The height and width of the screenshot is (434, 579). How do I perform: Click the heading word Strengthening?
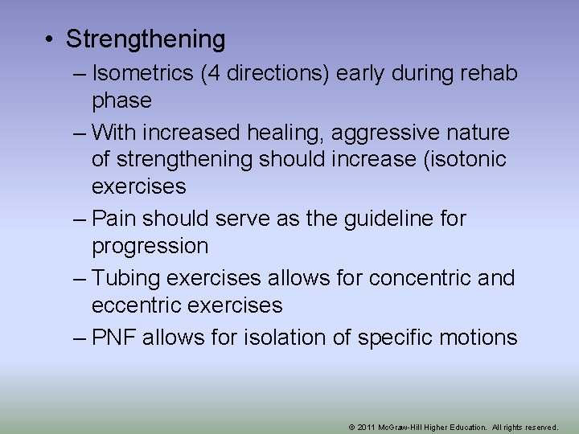(146, 39)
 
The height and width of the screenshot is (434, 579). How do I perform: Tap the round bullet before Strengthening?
(50, 39)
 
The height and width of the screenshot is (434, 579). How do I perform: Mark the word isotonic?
(463, 159)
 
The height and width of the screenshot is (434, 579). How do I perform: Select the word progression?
(150, 246)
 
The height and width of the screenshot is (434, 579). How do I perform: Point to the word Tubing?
(124, 277)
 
